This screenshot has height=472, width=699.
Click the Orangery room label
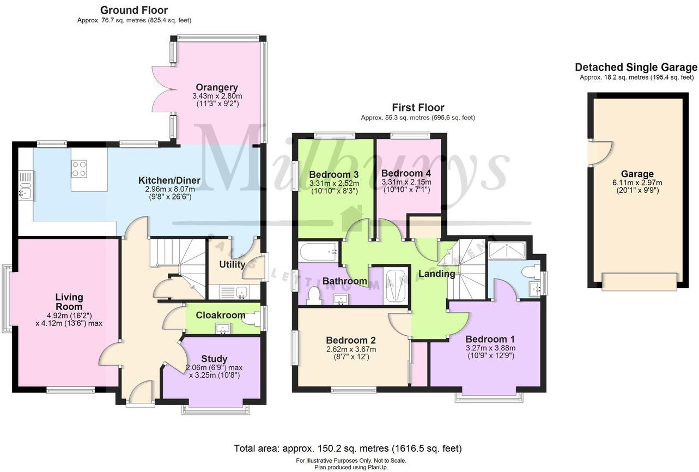217,87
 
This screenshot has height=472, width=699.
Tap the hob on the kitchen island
79,168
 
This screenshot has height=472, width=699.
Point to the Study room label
214,359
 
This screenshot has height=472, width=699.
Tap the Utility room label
232,265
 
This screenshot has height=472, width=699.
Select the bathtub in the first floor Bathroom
318,251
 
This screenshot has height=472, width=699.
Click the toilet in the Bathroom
314,295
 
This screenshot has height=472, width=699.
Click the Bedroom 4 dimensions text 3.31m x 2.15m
406,182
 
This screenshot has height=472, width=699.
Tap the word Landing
436,274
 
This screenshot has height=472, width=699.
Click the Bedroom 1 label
490,338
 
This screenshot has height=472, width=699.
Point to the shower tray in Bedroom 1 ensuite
507,250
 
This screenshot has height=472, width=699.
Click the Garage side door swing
600,153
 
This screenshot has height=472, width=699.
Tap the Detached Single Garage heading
636,68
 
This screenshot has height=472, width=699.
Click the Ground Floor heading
134,10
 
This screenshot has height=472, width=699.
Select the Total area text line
348,449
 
